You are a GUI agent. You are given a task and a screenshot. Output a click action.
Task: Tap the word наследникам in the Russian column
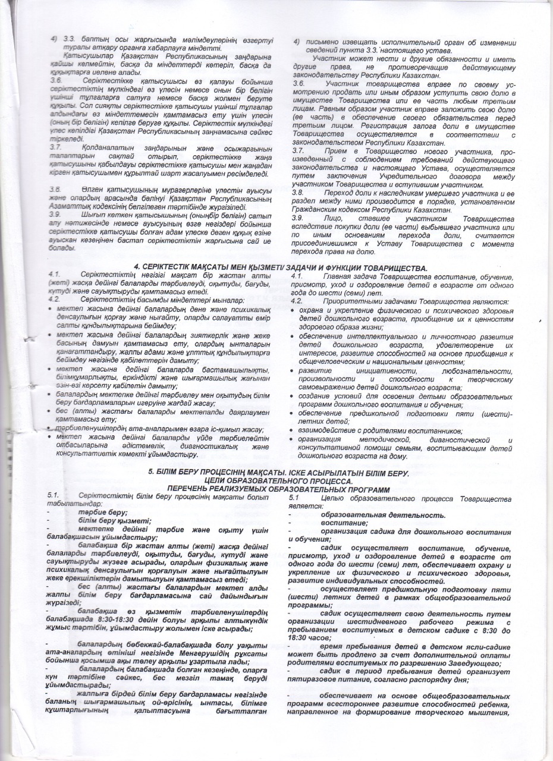pos(401,194)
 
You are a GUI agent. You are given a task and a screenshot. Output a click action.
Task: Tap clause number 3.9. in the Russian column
pos(299,218)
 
